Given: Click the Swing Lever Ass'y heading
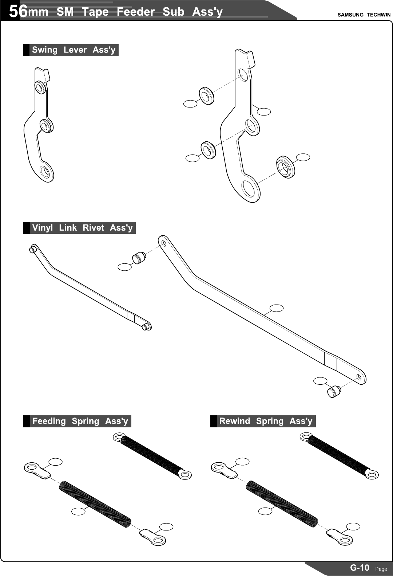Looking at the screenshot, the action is click(74, 50).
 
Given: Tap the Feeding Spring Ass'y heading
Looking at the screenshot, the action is click(80, 421).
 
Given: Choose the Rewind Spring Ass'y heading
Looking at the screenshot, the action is click(266, 421).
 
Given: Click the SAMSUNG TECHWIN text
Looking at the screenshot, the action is click(364, 15).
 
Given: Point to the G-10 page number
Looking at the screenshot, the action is click(360, 568).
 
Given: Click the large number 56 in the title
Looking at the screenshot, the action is click(18, 11).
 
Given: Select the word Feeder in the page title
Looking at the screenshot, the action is click(135, 12).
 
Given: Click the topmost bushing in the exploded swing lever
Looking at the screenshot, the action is click(207, 96).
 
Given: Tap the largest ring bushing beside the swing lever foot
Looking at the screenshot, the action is click(286, 167).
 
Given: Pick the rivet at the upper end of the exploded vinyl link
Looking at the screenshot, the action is click(139, 257).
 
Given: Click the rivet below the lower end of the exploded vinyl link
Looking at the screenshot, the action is click(334, 391).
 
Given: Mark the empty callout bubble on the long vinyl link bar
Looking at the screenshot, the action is click(277, 308).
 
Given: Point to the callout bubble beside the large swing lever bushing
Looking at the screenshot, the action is click(303, 157).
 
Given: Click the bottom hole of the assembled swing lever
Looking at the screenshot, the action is click(45, 172).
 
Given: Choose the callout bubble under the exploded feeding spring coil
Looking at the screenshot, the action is click(78, 512).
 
